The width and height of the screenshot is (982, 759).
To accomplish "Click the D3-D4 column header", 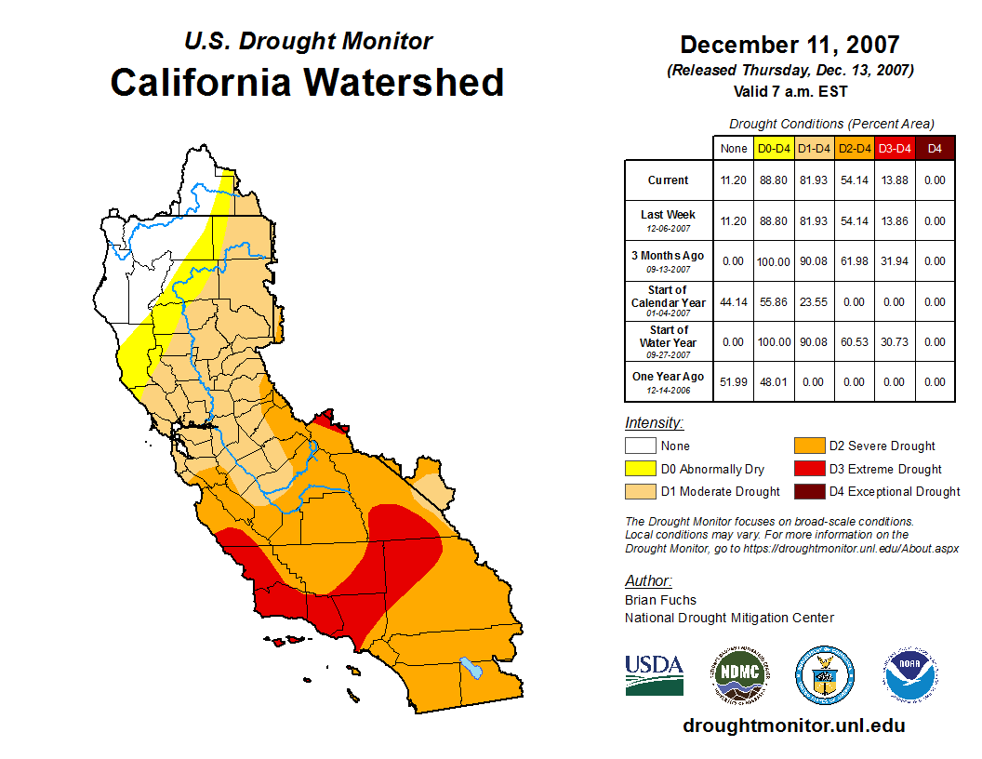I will pos(895,148).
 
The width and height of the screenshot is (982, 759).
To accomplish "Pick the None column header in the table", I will pos(733,148).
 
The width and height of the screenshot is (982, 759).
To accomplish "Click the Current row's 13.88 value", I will pos(895,180).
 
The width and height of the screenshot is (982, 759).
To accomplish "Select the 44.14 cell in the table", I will pos(733,302).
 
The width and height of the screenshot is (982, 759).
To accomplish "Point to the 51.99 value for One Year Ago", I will pos(733,382).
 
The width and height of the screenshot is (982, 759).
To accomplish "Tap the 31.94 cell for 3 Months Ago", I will pos(895,261).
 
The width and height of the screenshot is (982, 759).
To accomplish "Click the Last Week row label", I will pos(668,215).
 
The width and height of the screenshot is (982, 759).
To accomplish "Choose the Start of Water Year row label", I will pos(668,337).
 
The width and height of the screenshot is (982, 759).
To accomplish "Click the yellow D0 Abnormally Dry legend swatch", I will pos(640,469).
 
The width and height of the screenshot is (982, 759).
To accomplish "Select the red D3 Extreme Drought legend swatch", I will pos(808,469).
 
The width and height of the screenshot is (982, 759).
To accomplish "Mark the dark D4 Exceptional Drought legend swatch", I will pos(808,492).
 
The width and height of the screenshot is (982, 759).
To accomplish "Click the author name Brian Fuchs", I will pos(660,600).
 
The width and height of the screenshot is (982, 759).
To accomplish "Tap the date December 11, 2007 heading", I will pos(790,45).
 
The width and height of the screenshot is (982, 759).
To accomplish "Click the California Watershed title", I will pos(307,82).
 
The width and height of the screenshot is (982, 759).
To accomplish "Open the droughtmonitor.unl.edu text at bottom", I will pos(793,726).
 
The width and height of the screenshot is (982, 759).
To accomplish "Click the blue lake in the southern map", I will pos(471,668).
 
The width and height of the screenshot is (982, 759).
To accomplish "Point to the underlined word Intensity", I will pos(654,422).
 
